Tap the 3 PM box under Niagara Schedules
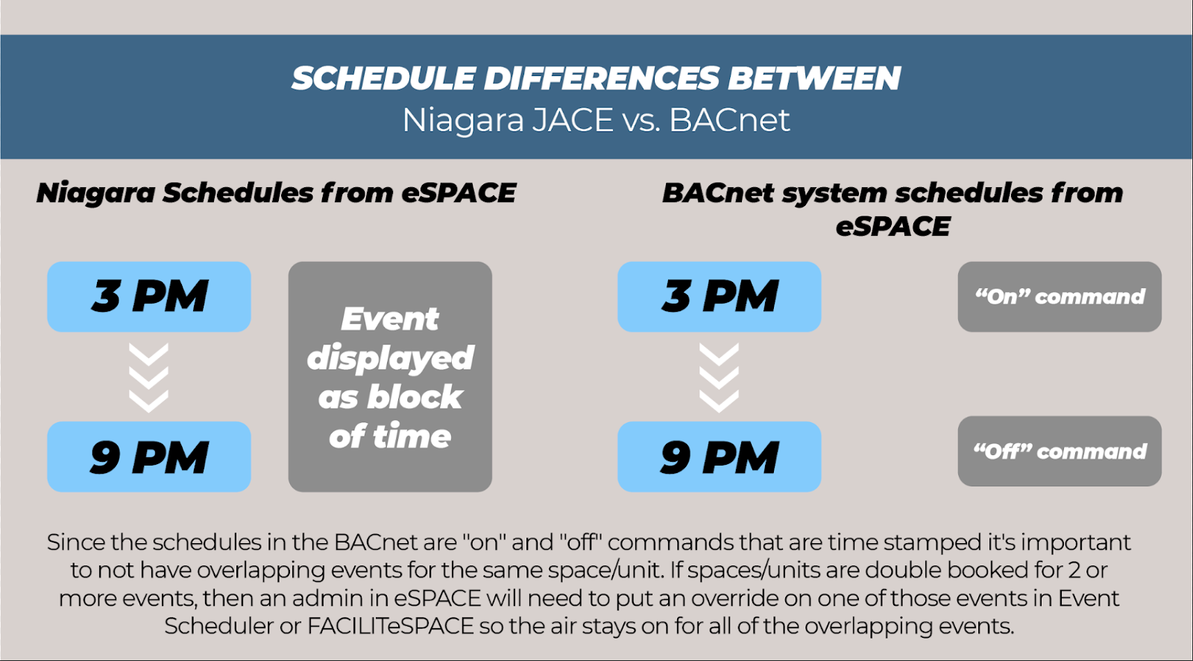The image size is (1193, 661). pos(149,297)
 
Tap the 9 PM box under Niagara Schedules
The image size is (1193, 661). pos(149,457)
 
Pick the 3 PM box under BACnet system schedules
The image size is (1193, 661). pos(720,297)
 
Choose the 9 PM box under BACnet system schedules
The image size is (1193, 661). pos(720,457)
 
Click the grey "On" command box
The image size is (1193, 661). pos(1060,297)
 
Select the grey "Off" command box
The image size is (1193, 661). pos(1060,451)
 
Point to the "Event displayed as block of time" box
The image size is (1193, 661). pos(391,377)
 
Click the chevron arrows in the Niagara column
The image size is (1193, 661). pos(149,378)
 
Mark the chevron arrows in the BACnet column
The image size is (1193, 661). pos(719,378)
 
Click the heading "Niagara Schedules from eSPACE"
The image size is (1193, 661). pos(276,193)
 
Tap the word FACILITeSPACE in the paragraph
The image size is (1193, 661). pos(391,626)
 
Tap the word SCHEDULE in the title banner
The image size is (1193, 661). pos(383,78)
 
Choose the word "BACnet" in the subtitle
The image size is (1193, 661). pos(729,120)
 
